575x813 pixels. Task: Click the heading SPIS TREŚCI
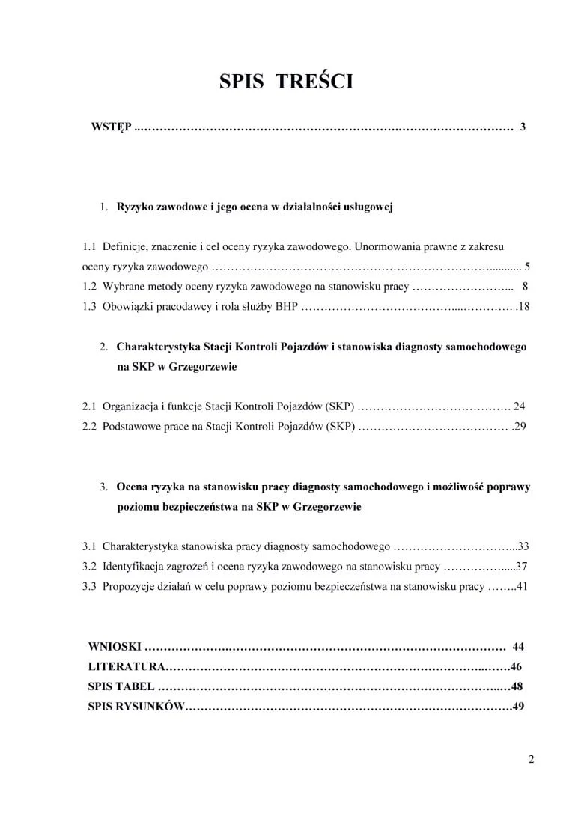286,82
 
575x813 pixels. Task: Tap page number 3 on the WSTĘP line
523,127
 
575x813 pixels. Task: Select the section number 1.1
90,246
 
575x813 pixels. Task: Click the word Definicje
125,246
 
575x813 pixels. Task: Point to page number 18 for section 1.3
524,306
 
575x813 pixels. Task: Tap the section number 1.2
90,286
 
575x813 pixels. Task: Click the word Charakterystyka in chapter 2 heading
158,347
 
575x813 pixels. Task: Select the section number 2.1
90,407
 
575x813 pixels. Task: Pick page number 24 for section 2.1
520,407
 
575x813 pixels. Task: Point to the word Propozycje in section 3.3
127,587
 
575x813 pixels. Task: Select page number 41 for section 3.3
523,587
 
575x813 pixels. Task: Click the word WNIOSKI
114,646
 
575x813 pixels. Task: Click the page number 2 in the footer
531,761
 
